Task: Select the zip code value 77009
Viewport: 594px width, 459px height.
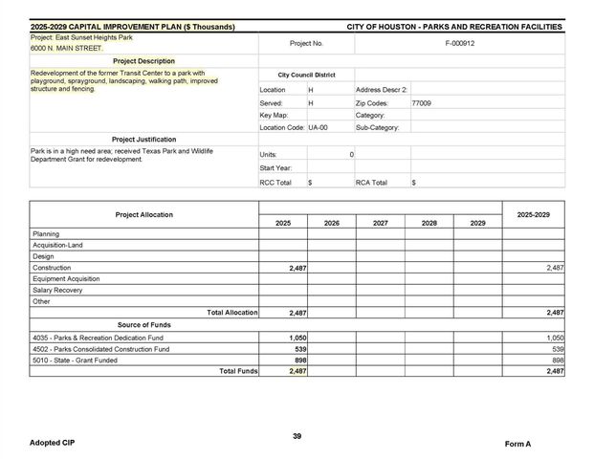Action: [x=421, y=102]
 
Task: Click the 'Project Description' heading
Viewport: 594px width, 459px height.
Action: [x=143, y=61]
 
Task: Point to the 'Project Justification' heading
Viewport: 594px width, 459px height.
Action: [x=143, y=140]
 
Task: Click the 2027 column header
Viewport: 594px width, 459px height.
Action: [x=380, y=223]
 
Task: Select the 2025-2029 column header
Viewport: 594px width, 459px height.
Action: [x=533, y=215]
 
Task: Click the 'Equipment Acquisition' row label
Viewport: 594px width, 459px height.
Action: [x=66, y=279]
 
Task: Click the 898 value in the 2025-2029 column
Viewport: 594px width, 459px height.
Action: [x=556, y=361]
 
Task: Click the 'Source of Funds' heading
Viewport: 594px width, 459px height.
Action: [x=143, y=325]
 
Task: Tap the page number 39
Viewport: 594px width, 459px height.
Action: [x=297, y=436]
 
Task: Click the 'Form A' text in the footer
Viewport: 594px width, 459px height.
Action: [x=517, y=445]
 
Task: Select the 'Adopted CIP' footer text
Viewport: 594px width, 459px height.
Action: [x=51, y=444]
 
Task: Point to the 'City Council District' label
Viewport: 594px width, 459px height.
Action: [x=306, y=75]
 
